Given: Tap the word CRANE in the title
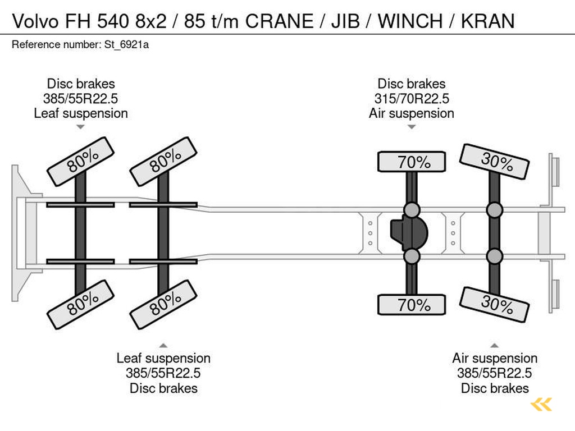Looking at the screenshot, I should click(x=280, y=21).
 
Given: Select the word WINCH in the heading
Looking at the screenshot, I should click(x=410, y=21).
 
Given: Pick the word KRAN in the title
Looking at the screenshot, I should click(x=487, y=21).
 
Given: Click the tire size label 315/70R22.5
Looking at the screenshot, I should click(x=412, y=99).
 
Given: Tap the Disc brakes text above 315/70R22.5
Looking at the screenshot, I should click(x=412, y=84).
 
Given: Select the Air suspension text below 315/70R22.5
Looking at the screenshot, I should click(x=412, y=113).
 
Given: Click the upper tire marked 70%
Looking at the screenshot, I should click(x=412, y=162).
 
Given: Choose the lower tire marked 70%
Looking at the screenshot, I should click(x=412, y=305).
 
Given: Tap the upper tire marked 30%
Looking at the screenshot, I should click(x=495, y=162).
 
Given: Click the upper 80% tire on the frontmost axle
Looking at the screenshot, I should click(x=81, y=161).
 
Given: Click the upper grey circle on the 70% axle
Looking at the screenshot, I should click(x=412, y=210).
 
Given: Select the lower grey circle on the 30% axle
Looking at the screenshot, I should click(x=495, y=256).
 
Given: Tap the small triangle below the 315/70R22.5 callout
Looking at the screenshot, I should click(x=412, y=127).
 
